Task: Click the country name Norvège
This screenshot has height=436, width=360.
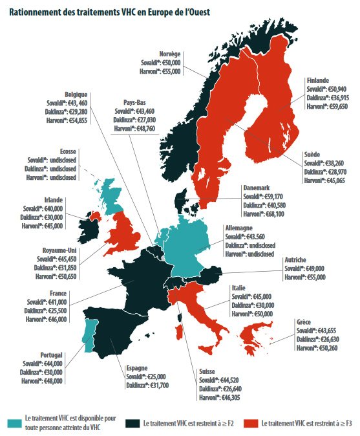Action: coord(171,54)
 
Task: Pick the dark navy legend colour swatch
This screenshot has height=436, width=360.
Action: coord(134,423)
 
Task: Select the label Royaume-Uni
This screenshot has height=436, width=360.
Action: coord(42,248)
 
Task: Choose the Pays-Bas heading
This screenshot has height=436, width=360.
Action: coord(135,102)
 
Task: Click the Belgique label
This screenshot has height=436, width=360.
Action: coord(76,94)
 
